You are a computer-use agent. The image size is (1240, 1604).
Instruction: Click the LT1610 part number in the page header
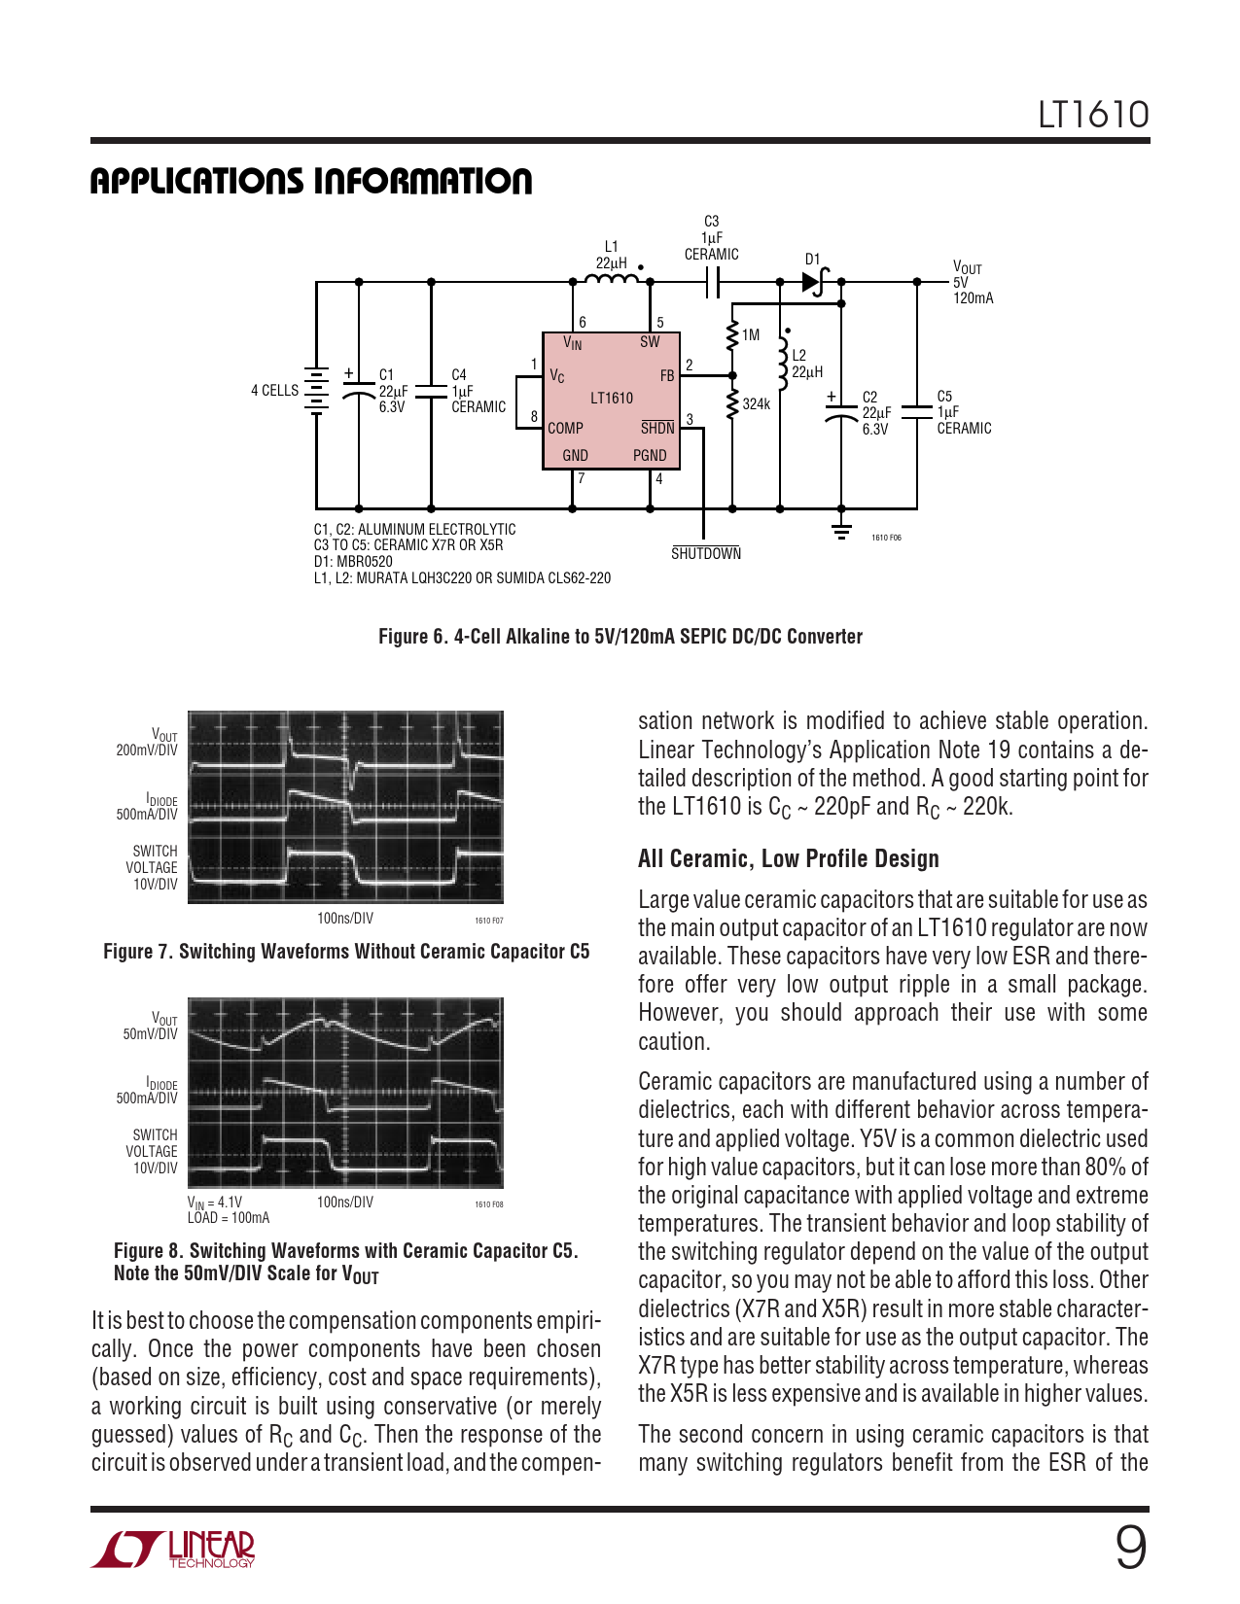click(x=1093, y=115)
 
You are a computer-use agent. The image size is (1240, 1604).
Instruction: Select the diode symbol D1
click(x=815, y=281)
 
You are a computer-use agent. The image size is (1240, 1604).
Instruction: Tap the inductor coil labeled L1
click(x=612, y=278)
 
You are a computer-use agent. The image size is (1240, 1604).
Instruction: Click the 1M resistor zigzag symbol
click(x=732, y=336)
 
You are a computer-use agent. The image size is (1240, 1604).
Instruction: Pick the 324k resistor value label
click(x=757, y=403)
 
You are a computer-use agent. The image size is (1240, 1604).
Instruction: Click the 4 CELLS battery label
click(x=274, y=390)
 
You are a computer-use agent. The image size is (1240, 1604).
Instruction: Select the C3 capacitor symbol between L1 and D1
click(x=713, y=281)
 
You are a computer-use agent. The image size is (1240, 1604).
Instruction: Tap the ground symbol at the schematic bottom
click(x=841, y=531)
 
